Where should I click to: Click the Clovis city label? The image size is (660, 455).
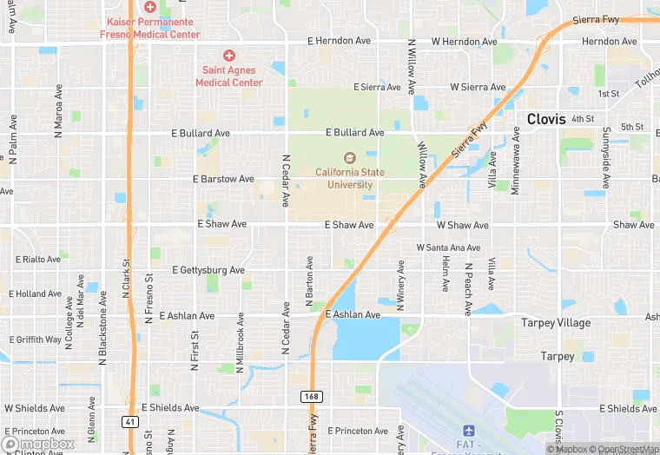pos(547,119)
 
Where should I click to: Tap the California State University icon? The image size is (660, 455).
pos(350,158)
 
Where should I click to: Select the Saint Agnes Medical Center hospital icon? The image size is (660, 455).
pos(229,55)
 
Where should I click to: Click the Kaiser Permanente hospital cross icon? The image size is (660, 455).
pos(149,6)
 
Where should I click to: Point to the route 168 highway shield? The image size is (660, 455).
pos(312,396)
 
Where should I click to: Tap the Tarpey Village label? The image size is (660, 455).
pos(556,323)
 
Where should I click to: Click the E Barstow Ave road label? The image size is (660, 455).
pos(224,179)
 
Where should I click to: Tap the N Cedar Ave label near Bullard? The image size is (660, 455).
pos(285,181)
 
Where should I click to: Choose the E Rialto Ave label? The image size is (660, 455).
pos(38,259)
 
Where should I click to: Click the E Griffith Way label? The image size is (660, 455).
pos(36,340)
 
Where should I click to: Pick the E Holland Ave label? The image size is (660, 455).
pos(38,293)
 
